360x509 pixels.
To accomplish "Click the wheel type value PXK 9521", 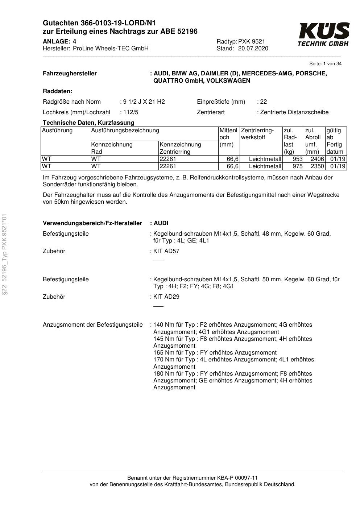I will [252, 41].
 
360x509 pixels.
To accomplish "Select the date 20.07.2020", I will [253, 49].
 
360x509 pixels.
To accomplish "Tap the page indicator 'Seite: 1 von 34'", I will [325, 64].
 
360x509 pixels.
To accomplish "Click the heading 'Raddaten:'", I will [57, 91].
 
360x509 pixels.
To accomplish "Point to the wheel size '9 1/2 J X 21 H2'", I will [144, 102].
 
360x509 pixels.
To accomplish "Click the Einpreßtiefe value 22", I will [264, 102].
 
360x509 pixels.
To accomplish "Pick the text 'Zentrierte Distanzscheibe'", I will [294, 112].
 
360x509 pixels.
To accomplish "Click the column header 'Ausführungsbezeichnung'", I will [125, 130].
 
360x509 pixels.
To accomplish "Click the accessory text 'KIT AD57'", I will [166, 251].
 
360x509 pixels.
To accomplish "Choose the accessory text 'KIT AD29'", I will [166, 297].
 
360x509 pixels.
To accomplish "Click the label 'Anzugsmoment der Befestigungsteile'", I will [92, 324].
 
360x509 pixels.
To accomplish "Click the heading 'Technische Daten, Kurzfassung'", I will [88, 123].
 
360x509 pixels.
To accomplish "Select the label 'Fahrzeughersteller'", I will [70, 74].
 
